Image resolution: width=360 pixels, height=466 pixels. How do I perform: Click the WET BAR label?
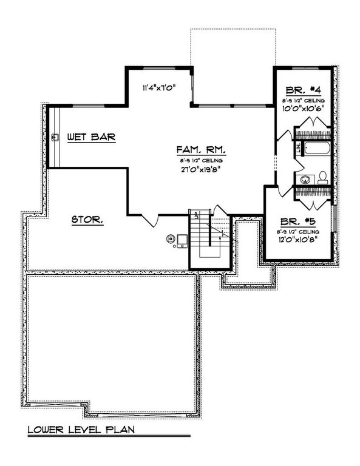coord(92,137)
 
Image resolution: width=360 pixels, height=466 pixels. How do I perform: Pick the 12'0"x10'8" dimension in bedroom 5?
coord(297,241)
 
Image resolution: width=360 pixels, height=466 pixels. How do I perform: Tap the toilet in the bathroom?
coord(322,177)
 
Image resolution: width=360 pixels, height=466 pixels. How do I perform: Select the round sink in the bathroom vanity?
coord(305,179)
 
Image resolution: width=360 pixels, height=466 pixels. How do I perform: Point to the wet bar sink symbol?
coord(56,137)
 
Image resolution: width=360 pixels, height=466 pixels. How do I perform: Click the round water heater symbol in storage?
coord(171,238)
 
